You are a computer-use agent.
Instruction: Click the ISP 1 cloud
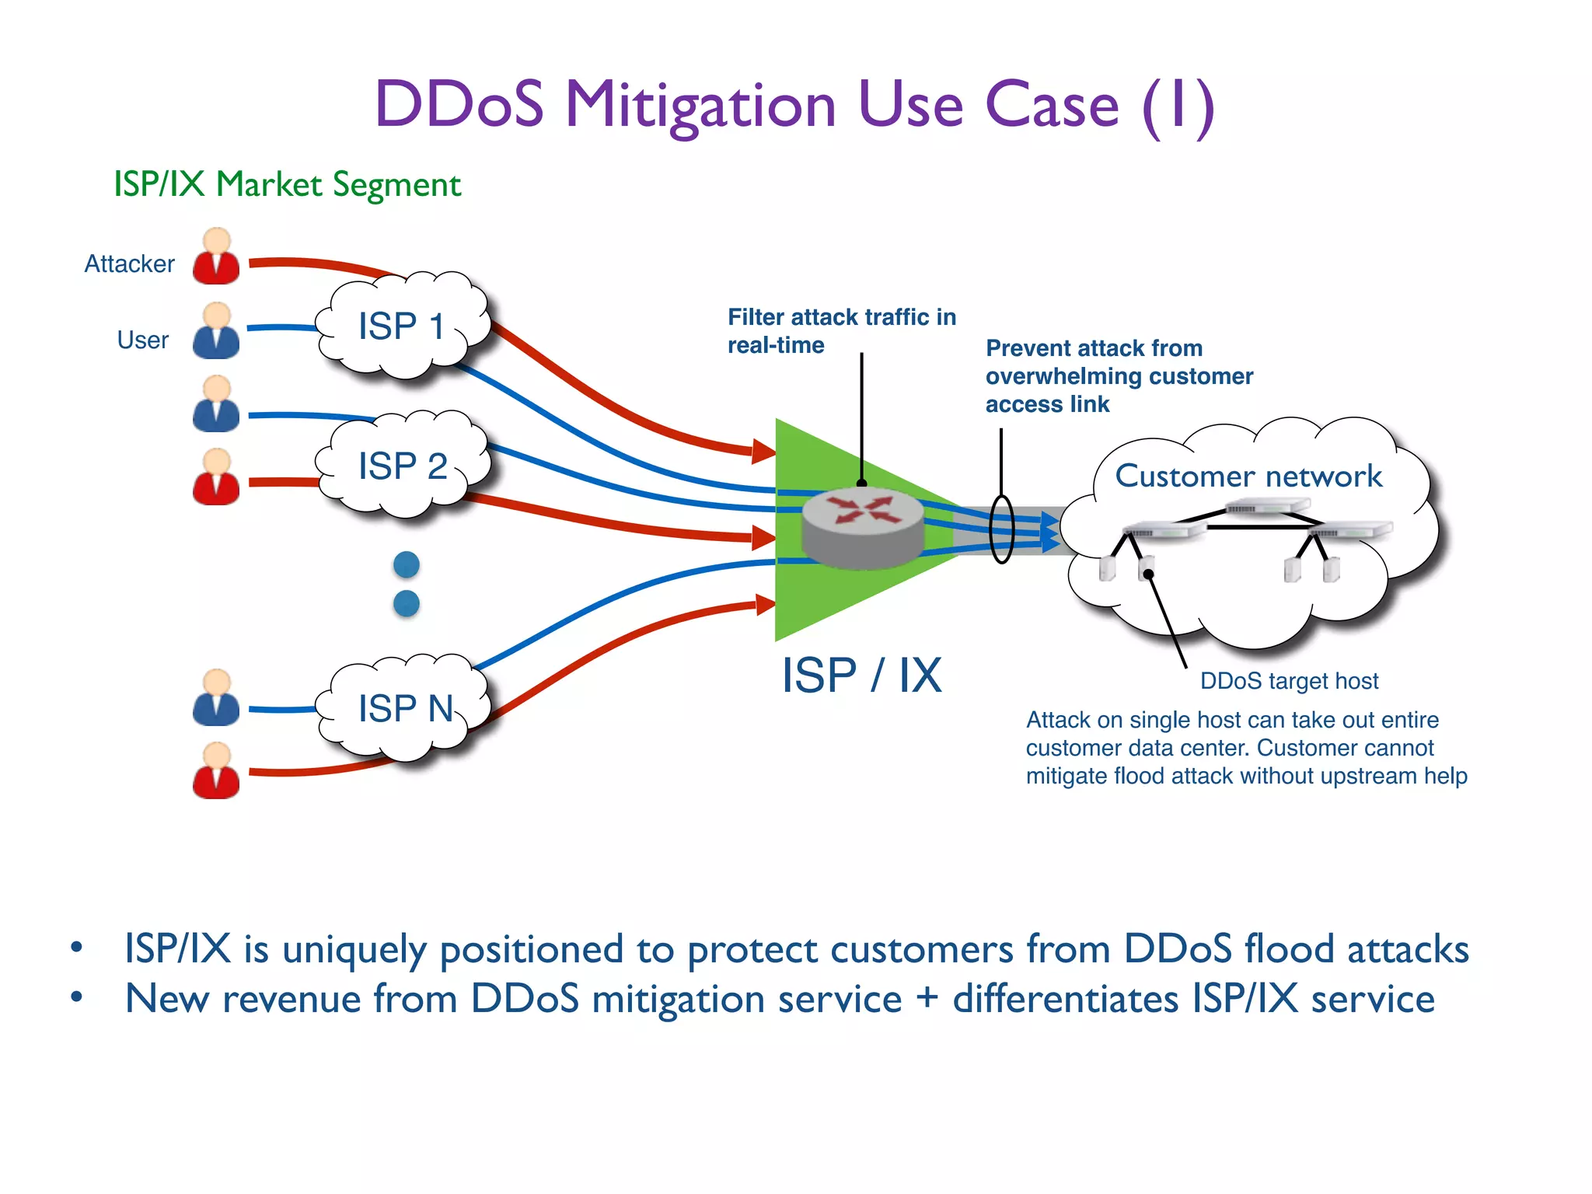(x=402, y=326)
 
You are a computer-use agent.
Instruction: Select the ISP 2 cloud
(x=402, y=466)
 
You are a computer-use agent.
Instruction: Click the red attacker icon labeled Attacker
(x=216, y=257)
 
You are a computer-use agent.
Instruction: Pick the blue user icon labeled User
(x=216, y=332)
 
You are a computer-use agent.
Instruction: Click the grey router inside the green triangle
(x=862, y=528)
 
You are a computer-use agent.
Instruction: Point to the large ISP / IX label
(x=861, y=675)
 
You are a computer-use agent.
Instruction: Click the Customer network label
(x=1248, y=476)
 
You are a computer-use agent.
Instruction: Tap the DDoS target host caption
(x=1289, y=681)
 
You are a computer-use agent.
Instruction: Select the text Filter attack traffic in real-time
(x=841, y=331)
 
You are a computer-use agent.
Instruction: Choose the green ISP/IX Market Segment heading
(x=288, y=185)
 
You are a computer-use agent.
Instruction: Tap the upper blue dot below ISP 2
(x=407, y=564)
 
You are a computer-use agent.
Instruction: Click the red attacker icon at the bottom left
(x=216, y=771)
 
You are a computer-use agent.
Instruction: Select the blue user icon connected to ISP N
(x=216, y=698)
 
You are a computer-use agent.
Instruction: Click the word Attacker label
(x=129, y=264)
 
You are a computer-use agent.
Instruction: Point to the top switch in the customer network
(x=1267, y=508)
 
